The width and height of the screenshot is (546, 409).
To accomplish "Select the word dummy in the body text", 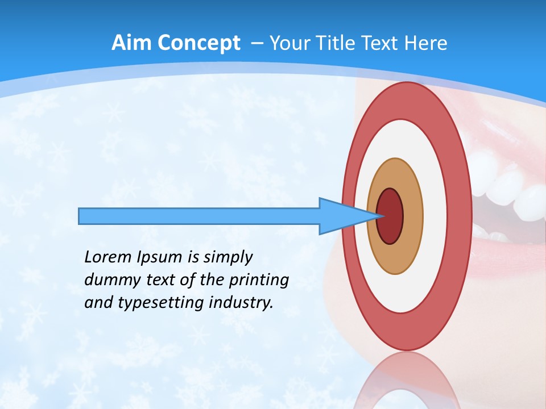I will (109, 280).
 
